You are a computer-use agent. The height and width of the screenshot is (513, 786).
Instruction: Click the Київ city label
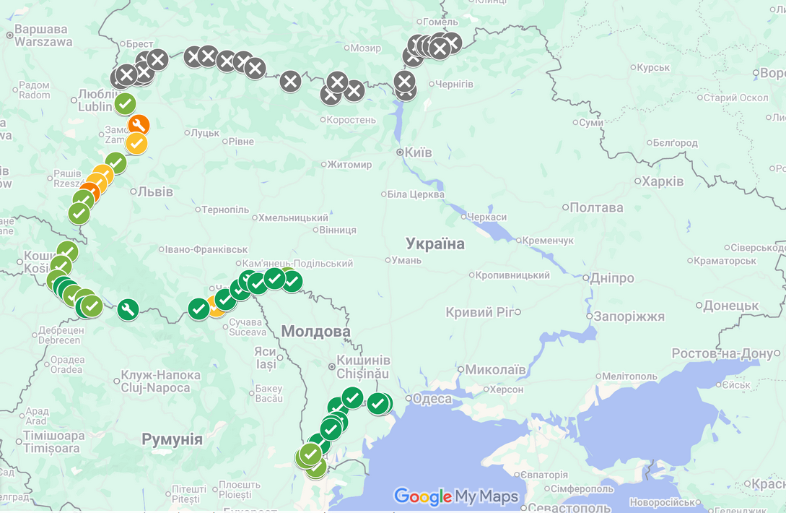coord(417,152)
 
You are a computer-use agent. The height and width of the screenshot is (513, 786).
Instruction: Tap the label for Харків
coord(663,181)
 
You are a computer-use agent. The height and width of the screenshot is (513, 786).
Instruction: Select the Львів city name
coord(155,191)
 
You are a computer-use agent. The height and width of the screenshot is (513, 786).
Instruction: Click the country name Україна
coord(435,244)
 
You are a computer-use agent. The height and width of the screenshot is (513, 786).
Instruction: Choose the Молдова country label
coord(315,332)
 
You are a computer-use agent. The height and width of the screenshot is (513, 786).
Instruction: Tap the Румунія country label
coord(172,439)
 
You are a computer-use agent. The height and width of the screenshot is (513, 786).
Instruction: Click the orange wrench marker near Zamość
coord(139,125)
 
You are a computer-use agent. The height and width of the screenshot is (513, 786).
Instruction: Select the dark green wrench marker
coord(128,310)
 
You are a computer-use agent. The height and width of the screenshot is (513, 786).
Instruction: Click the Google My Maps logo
coord(456,496)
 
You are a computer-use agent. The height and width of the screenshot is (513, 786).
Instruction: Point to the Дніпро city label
coord(611,278)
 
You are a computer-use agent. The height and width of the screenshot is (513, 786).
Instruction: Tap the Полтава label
coord(596,207)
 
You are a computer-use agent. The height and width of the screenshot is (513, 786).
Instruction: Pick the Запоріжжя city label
coord(628,316)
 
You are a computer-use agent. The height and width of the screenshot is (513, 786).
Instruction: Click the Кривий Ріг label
coord(479,312)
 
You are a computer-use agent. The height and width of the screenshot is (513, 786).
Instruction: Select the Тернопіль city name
coord(225,210)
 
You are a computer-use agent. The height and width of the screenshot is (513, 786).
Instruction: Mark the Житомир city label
coord(349,164)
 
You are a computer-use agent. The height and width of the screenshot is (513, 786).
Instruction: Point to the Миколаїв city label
coord(495,369)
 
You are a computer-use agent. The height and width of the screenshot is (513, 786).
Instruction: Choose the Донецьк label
coord(731,306)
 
